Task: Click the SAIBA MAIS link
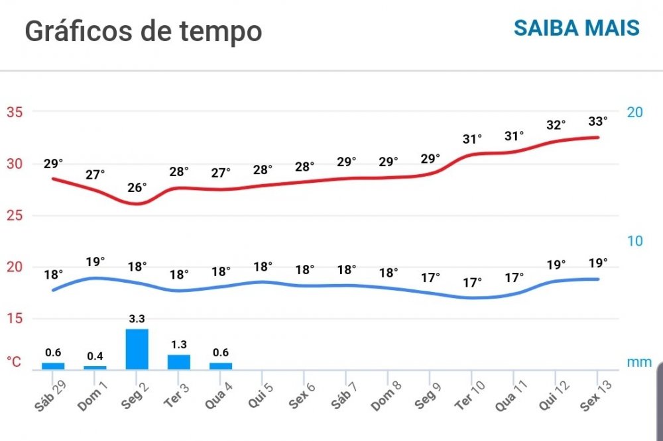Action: tap(576, 28)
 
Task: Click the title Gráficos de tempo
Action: tap(143, 30)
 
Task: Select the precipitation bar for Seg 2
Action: tap(137, 349)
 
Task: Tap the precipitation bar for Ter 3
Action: tap(178, 362)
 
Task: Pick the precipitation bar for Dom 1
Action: tap(95, 367)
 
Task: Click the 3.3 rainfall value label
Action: tap(137, 319)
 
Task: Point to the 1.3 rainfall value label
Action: tap(178, 345)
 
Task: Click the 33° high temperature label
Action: tap(597, 121)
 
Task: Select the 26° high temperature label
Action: tap(137, 187)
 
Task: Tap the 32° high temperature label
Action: tap(556, 125)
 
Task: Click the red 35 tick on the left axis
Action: tap(15, 112)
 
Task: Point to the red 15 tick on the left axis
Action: tap(15, 318)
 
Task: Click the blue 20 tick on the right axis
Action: tap(634, 112)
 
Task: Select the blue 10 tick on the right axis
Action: tap(634, 241)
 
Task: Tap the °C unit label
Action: tap(15, 362)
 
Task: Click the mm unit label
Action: tap(639, 362)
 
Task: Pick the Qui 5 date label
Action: tap(260, 396)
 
